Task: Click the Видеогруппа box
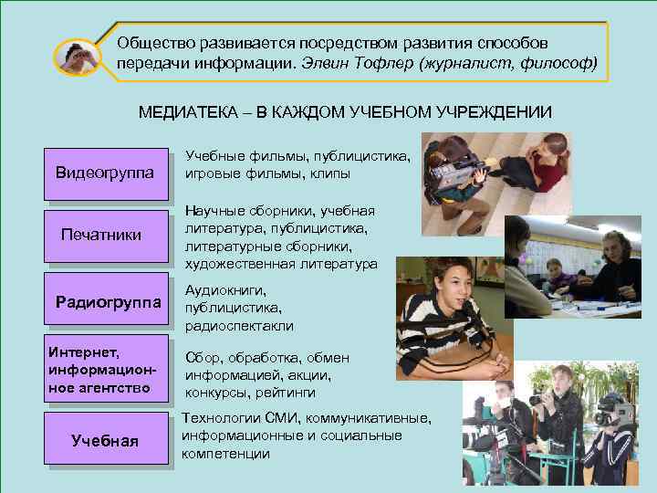[105, 173]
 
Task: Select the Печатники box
[101, 236]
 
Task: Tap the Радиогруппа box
[108, 301]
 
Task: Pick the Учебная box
[105, 442]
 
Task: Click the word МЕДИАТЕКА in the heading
[187, 112]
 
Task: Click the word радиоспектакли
[239, 325]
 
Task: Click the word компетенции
[225, 453]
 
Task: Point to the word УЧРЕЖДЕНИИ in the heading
[495, 112]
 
